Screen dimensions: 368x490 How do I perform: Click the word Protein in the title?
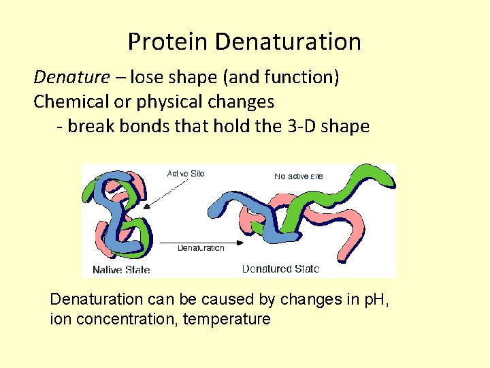(x=168, y=42)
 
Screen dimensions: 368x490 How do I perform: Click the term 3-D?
(x=301, y=126)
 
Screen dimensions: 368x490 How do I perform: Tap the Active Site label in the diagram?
(x=185, y=174)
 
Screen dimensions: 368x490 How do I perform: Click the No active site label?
(x=298, y=177)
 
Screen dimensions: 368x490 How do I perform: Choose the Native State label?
(x=120, y=269)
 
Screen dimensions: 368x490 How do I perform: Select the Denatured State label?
(x=280, y=269)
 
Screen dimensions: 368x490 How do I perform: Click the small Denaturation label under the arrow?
(x=200, y=248)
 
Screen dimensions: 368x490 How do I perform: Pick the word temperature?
(x=227, y=319)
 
